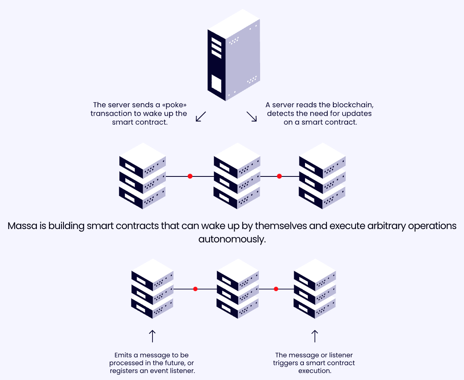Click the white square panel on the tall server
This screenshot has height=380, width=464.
[x=217, y=84]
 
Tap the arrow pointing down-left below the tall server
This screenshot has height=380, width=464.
[x=201, y=117]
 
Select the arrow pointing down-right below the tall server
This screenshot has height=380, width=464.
[x=252, y=117]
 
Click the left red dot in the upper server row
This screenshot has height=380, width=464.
[x=190, y=176]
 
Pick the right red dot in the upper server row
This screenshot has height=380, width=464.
[x=279, y=176]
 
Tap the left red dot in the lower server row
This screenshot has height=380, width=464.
[x=195, y=289]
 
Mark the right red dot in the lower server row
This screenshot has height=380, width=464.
[x=276, y=289]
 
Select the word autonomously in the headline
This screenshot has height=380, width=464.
[x=232, y=239]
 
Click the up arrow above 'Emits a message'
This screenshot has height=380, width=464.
[x=153, y=336]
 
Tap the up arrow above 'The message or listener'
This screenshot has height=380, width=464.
[x=315, y=336]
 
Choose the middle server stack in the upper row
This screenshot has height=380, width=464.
[x=237, y=176]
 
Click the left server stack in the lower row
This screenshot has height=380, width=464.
[x=153, y=289]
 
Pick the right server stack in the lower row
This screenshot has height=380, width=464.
[x=315, y=289]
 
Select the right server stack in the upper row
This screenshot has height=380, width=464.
[x=322, y=176]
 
